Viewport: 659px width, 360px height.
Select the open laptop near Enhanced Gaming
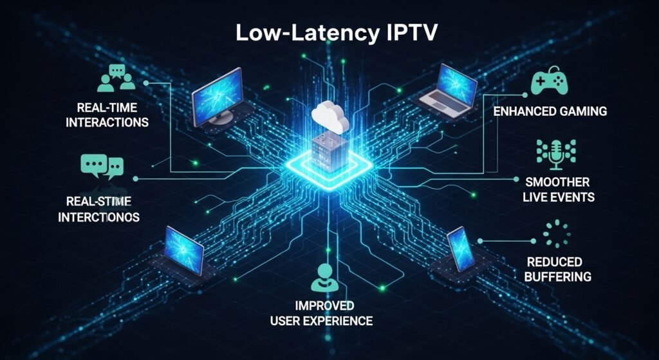[448, 90]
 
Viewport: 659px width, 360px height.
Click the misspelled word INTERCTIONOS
[98, 217]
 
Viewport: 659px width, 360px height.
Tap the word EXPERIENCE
[341, 320]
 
